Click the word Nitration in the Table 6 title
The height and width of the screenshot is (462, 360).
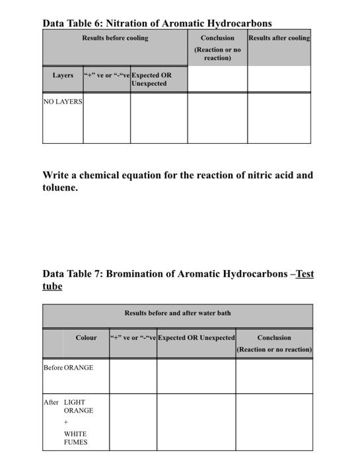click(127, 23)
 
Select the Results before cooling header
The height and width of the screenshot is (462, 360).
click(115, 38)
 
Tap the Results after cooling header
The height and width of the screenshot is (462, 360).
click(279, 38)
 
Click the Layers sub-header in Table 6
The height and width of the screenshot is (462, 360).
click(63, 75)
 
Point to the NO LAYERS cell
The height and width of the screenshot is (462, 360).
click(63, 102)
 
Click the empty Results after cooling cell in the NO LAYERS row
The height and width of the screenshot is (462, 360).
click(279, 119)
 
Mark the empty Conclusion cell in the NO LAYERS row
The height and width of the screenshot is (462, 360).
click(217, 119)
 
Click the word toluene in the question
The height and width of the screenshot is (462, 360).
click(60, 187)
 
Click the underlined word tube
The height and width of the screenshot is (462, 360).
click(52, 286)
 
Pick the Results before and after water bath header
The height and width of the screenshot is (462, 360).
click(178, 313)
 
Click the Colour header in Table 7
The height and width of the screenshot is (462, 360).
click(86, 338)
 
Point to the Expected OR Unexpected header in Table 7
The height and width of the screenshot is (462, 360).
click(196, 338)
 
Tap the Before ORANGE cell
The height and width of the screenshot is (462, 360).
click(68, 368)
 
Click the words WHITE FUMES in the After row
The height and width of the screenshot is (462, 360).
click(75, 438)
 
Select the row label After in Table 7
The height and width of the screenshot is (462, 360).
click(51, 402)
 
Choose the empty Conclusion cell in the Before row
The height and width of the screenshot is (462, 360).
click(274, 376)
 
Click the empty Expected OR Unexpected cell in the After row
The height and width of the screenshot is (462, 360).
click(196, 422)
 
